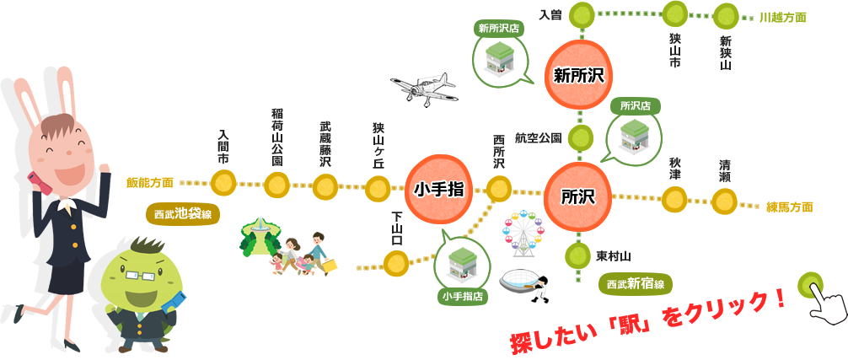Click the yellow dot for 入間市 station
click(223, 182)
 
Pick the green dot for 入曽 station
click(581, 14)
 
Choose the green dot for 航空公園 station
click(580, 136)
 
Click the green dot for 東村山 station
click(578, 254)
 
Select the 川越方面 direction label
click(782, 17)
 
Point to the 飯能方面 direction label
click(151, 181)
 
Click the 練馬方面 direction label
click(790, 207)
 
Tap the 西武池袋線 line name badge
click(184, 214)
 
